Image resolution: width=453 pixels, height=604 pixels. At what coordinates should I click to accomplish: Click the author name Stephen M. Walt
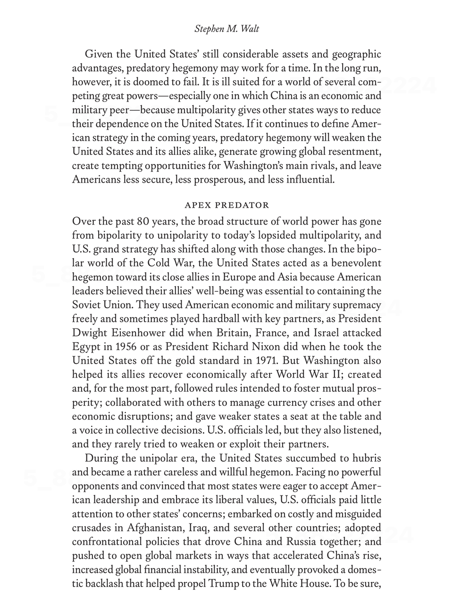point(226,29)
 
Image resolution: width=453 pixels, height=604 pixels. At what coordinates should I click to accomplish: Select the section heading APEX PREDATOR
point(226,205)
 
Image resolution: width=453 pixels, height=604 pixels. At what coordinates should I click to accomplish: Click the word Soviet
point(86,305)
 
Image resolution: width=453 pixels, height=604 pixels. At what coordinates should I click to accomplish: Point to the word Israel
point(321,333)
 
